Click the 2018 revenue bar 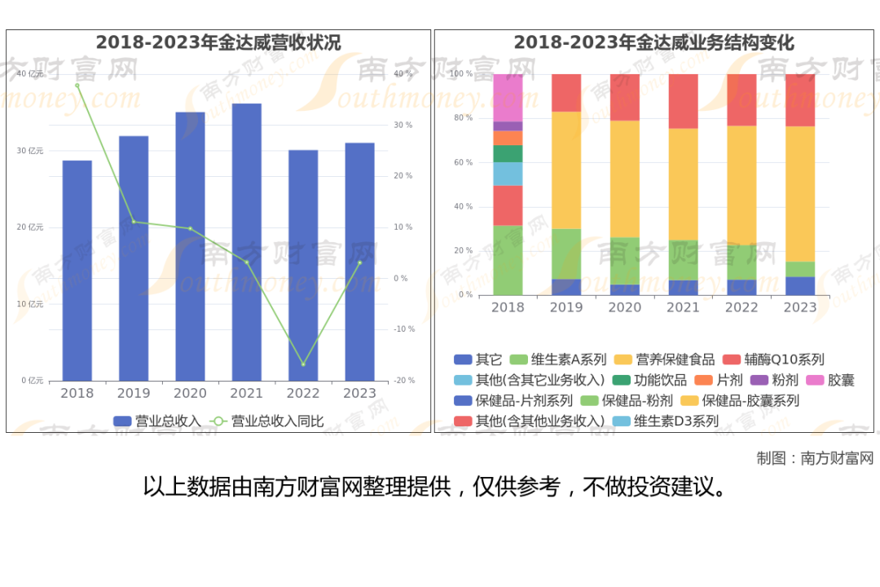pyautogui.click(x=77, y=270)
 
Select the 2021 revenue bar pyautogui.click(x=247, y=241)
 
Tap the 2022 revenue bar pyautogui.click(x=303, y=265)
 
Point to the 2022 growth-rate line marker pyautogui.click(x=303, y=364)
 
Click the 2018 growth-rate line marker pyautogui.click(x=77, y=85)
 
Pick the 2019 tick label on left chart pyautogui.click(x=134, y=393)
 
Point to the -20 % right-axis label pyautogui.click(x=403, y=381)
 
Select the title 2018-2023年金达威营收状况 pyautogui.click(x=218, y=42)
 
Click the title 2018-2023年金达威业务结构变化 pyautogui.click(x=653, y=42)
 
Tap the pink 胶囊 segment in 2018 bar pyautogui.click(x=508, y=97)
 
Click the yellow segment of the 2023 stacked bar pyautogui.click(x=799, y=193)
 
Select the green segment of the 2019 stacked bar pyautogui.click(x=566, y=254)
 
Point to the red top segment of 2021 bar pyautogui.click(x=683, y=101)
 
